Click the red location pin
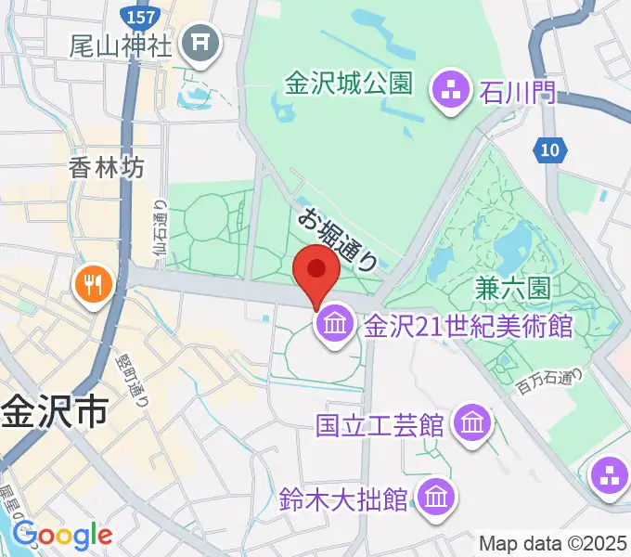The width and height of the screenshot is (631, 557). pos(315,271)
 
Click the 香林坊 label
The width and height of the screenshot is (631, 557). pos(107,167)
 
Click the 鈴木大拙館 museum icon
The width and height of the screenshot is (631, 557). pos(434,499)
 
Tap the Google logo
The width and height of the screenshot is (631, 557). pos(62,535)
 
